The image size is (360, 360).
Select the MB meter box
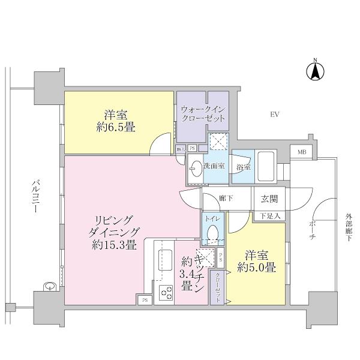(x=301, y=152)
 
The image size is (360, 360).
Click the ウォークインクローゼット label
(x=203, y=113)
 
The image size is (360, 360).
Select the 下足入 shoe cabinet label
(x=270, y=214)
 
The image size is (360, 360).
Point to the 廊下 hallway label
(x=226, y=197)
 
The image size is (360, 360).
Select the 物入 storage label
(x=180, y=148)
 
